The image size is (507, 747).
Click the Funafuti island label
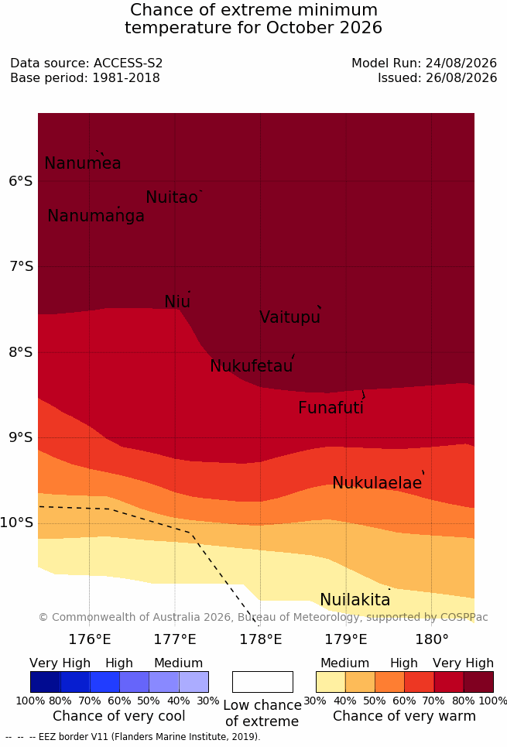tap(331, 408)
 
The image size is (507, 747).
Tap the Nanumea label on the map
tap(82, 163)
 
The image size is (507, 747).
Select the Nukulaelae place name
tap(377, 482)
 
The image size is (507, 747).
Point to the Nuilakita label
tap(355, 599)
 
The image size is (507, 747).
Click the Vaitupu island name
tap(289, 317)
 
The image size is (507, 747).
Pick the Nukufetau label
tap(251, 366)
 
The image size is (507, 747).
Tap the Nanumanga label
tap(96, 216)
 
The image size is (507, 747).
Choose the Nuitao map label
tap(172, 197)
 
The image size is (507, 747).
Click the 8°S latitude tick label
tap(21, 352)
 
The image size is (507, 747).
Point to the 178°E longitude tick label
tap(261, 639)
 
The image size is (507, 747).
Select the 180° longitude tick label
tap(432, 639)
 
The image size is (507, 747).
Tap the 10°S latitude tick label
tap(17, 523)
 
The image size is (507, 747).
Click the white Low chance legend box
tap(262, 682)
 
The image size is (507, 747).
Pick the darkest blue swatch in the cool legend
tap(45, 682)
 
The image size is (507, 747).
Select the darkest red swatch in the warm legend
tap(478, 682)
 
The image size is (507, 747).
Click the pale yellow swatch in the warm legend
tap(331, 682)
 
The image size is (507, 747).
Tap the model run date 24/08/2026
tap(461, 63)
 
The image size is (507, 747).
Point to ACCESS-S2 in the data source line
tap(128, 63)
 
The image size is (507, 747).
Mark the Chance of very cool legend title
tap(119, 716)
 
